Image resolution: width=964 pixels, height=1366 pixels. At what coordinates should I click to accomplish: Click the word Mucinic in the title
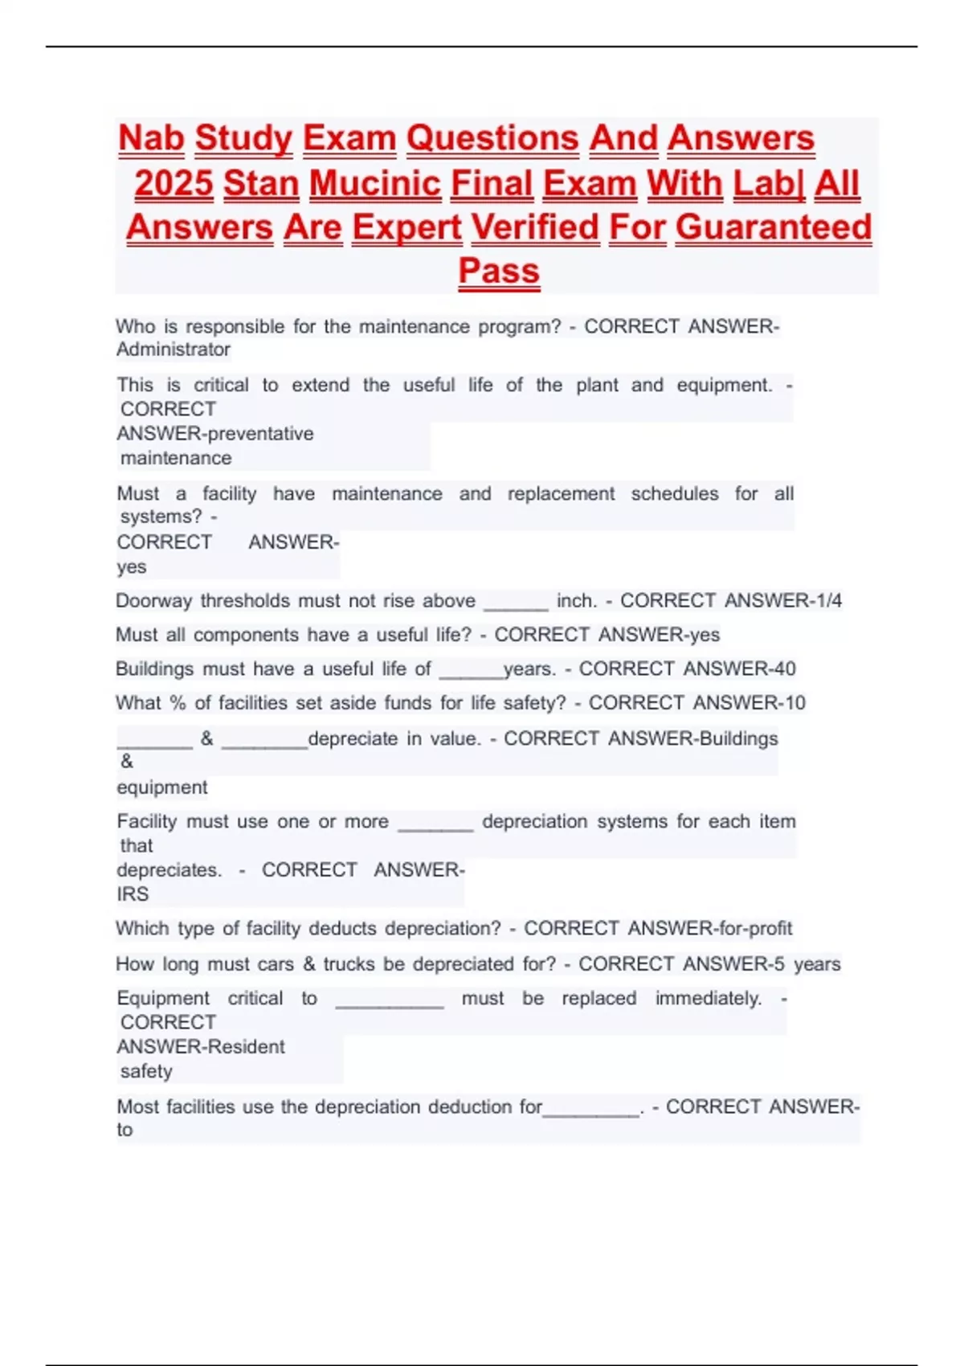click(375, 183)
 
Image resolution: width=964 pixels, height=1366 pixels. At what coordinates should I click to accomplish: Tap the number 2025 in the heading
click(174, 183)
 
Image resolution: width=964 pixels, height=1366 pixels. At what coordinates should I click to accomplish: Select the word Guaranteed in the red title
click(773, 227)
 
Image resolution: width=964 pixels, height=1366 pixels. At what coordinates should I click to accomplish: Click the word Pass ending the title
click(498, 271)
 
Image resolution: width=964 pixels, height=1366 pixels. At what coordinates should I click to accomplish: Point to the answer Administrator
click(174, 350)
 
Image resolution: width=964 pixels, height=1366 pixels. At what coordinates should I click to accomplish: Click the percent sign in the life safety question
click(178, 703)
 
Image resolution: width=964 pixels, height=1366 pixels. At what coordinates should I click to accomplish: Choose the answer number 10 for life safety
click(794, 703)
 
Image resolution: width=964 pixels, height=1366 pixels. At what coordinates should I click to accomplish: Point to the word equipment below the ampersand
click(162, 787)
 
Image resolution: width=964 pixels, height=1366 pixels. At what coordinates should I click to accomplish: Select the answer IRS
click(133, 894)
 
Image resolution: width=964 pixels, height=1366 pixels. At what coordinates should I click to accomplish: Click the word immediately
click(709, 999)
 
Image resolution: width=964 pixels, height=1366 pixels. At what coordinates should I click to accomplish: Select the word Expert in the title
click(406, 227)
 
